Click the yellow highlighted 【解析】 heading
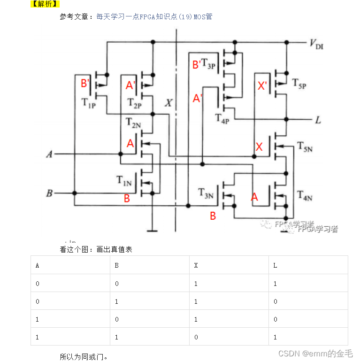tap(45, 4)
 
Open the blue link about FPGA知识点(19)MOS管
tap(154, 16)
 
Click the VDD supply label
tap(316, 45)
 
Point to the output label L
tap(318, 120)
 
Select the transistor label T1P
tap(89, 103)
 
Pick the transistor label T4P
tap(222, 118)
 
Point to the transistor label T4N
tap(305, 195)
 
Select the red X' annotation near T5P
tap(262, 86)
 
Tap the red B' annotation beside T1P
tap(85, 84)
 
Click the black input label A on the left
tap(48, 154)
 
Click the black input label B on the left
tap(48, 193)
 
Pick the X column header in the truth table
tap(196, 266)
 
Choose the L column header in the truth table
tap(275, 266)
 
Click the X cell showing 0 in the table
tap(196, 337)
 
